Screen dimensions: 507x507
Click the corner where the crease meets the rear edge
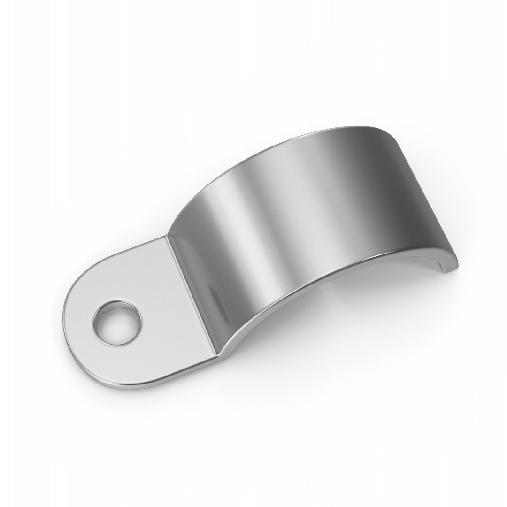tap(168, 237)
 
